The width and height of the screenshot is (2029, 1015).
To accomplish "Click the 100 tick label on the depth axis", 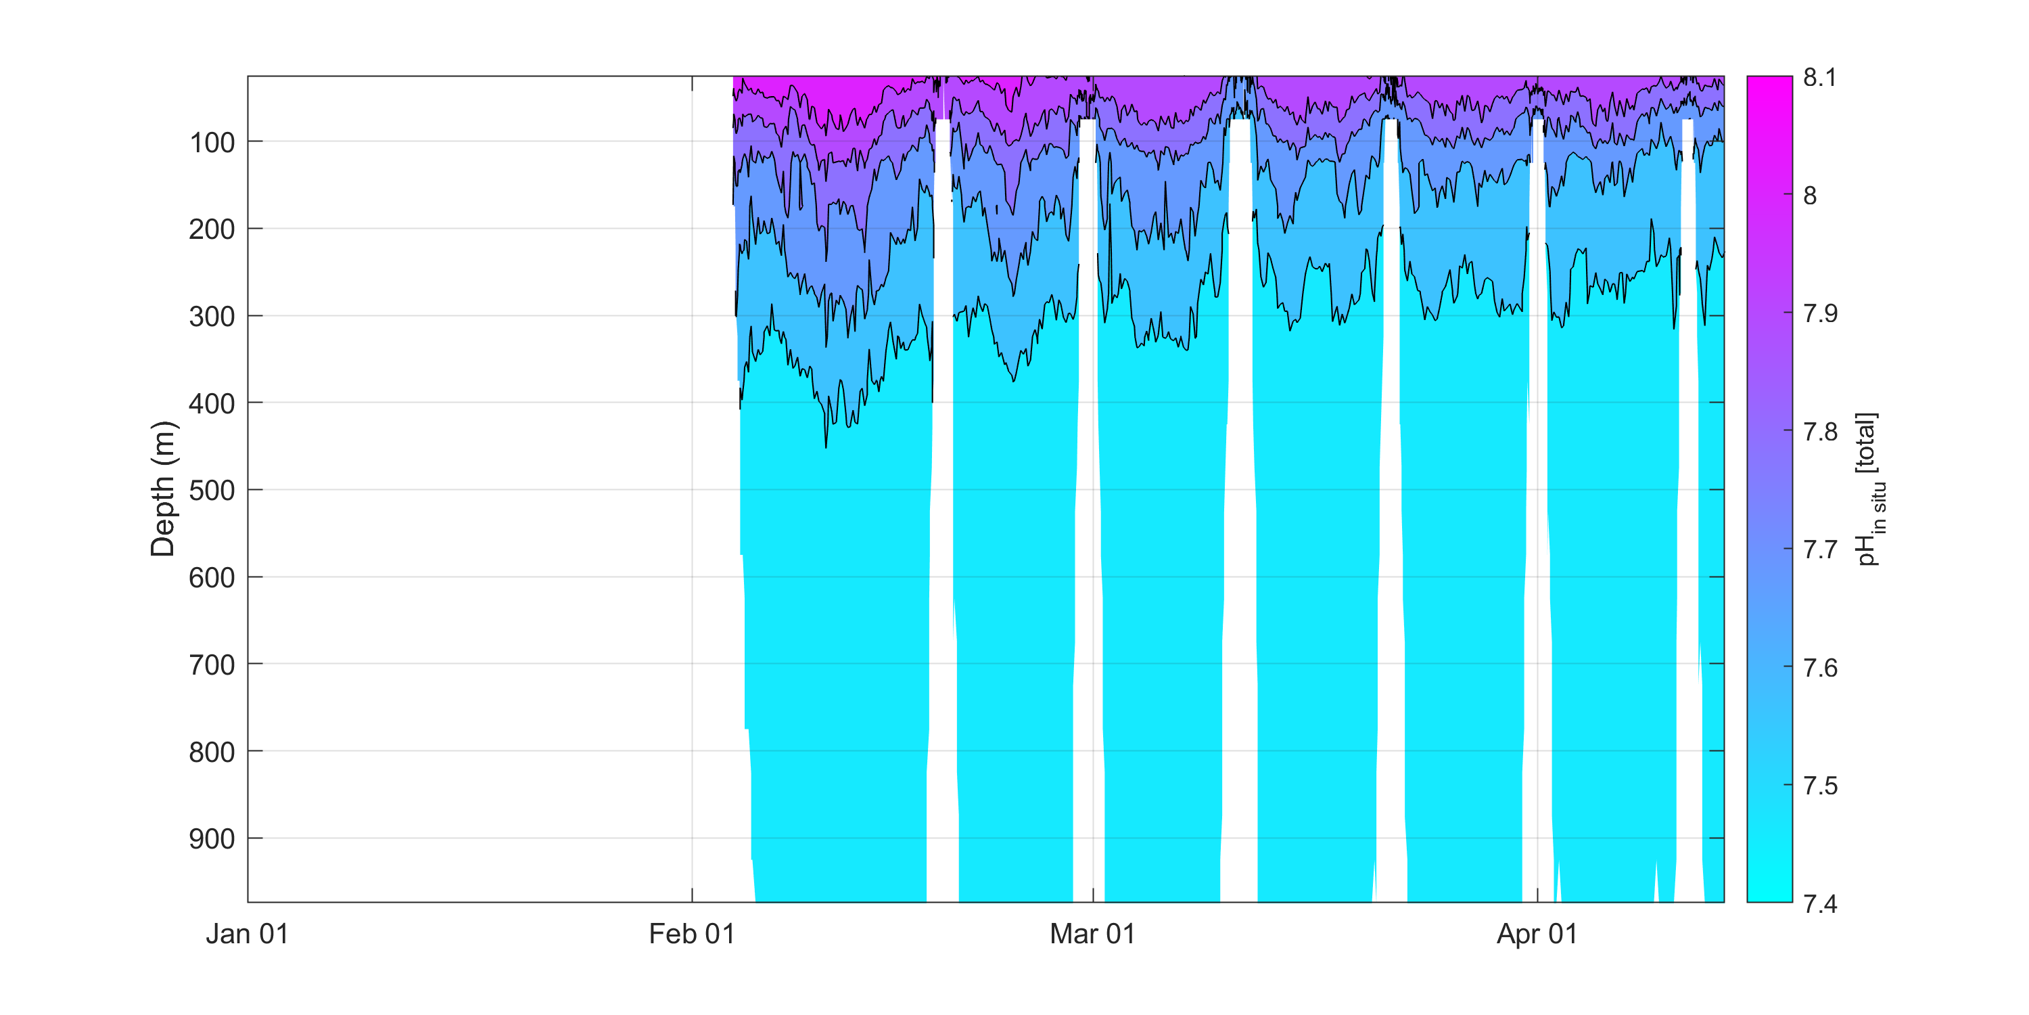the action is point(212,143).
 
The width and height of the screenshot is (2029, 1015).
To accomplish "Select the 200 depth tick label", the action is point(212,229).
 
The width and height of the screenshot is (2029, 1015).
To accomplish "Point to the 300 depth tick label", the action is point(212,317).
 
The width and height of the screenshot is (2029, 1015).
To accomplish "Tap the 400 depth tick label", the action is point(212,403).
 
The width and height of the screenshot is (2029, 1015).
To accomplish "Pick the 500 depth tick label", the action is point(212,491).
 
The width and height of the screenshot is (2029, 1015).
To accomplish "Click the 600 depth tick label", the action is point(212,578).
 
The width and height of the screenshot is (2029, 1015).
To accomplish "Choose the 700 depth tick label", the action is point(212,665).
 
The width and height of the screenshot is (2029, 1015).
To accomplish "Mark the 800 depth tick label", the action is point(212,752).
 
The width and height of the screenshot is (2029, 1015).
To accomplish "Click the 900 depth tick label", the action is point(212,839).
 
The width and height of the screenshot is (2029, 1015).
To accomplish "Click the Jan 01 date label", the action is point(248,934).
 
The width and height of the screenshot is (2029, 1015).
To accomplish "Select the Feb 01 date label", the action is point(692,934).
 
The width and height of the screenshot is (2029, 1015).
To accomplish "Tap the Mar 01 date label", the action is point(1092,934).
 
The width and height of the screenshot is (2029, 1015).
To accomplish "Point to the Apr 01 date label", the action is point(1537,934).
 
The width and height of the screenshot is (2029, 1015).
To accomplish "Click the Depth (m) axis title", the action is point(163,489).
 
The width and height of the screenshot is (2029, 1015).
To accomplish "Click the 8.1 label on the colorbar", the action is point(1819,77).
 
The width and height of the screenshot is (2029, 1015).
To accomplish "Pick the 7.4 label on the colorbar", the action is point(1820,903).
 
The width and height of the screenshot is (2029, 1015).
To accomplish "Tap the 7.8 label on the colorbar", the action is point(1820,432).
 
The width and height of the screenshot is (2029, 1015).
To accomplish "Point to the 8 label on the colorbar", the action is point(1810,196).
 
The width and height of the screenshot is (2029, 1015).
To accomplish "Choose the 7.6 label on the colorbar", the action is point(1820,669).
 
